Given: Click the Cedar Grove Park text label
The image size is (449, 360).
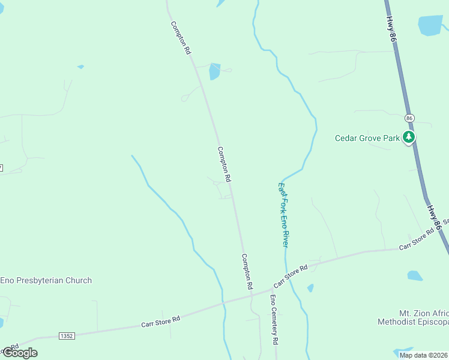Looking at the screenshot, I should click(367, 138).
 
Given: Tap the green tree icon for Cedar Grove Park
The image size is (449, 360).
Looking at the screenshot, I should click(409, 137).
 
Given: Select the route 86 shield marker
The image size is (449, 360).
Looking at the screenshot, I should click(409, 118).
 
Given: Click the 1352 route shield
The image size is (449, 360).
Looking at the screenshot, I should click(67, 336).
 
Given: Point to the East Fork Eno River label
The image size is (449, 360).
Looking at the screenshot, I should click(283, 215).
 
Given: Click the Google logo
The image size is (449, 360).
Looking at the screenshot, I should click(20, 352).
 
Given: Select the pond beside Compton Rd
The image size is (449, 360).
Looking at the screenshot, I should click(214, 72).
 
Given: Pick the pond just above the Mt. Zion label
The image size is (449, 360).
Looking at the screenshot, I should click(415, 276).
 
